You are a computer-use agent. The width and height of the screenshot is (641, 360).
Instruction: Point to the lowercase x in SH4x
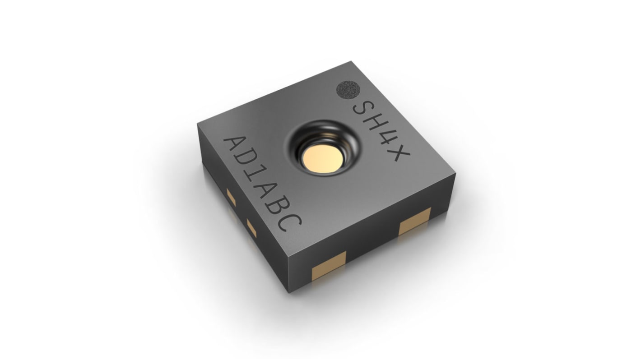point(399,156)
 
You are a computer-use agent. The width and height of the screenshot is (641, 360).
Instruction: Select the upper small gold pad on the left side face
point(231,196)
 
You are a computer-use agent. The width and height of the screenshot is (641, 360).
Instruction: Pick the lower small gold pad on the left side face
point(251,228)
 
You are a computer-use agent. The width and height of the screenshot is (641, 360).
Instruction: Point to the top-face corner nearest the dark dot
point(350,63)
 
